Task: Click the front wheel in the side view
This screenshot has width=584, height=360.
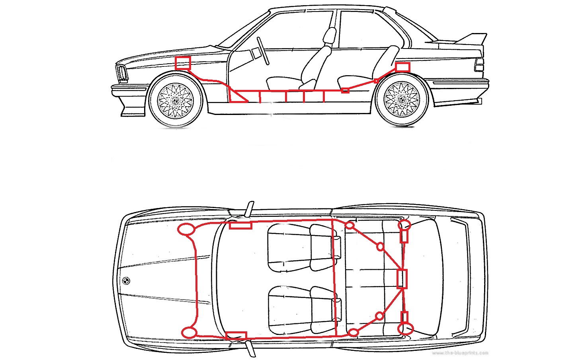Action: coord(175,100)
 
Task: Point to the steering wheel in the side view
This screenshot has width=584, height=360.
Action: coord(263,51)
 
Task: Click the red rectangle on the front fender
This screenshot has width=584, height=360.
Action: coord(183,63)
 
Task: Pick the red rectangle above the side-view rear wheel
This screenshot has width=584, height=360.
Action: coord(402,67)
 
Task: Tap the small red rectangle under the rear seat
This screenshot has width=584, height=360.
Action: coord(345,91)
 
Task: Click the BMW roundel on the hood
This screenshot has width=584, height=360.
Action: coord(126,280)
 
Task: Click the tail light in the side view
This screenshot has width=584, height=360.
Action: coord(479,64)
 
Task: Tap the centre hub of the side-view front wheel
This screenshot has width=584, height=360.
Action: coord(175,100)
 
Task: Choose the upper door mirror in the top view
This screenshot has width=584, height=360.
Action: coord(249,209)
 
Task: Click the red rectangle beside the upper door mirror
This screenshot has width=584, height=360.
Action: coord(240,226)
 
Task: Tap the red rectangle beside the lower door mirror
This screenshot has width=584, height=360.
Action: coord(236,335)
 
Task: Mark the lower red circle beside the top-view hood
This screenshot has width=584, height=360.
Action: coord(189,333)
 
